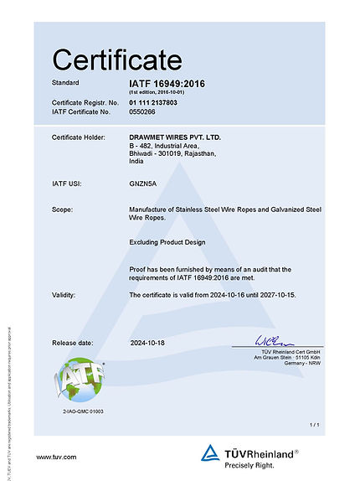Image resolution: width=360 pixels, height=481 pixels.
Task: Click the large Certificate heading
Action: pyautogui.click(x=116, y=59)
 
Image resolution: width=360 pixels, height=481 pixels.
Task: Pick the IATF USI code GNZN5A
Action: pyautogui.click(x=144, y=182)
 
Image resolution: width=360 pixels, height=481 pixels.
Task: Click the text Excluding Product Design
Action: pyautogui.click(x=168, y=242)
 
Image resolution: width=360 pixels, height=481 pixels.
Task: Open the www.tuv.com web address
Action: pyautogui.click(x=57, y=457)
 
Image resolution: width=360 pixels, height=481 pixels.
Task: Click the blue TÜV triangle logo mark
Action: pyautogui.click(x=210, y=454)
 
